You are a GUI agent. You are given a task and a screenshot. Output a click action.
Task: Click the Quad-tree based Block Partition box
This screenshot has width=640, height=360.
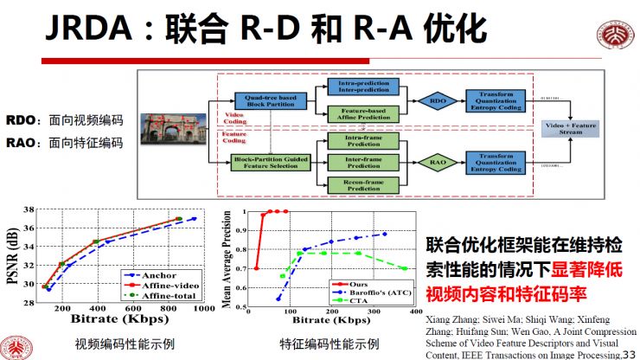269,102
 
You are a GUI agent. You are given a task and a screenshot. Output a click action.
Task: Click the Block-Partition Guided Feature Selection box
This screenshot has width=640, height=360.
269,161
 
